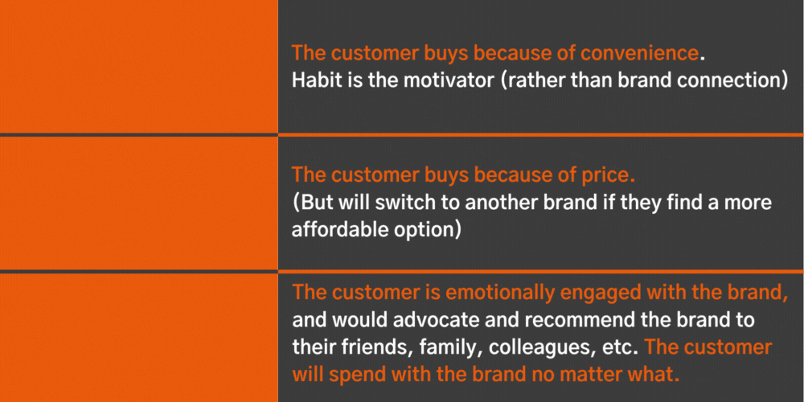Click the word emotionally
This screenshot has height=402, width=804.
coord(499,294)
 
